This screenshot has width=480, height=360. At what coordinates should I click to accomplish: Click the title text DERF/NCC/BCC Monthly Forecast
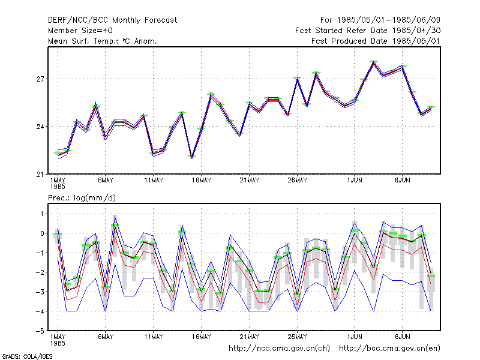[x=112, y=20]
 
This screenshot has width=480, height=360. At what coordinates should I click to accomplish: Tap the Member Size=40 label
[x=80, y=31]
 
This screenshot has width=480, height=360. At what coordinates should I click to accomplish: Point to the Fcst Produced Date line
[x=376, y=41]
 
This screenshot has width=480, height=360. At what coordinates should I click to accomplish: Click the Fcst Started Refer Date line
[x=368, y=31]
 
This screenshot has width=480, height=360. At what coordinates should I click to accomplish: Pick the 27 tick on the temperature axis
[x=40, y=79]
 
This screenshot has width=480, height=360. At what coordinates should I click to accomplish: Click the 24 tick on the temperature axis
[x=40, y=127]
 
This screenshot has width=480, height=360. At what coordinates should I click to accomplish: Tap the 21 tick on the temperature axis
[x=40, y=175]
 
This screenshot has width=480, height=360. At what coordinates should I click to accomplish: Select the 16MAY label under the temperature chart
[x=202, y=181]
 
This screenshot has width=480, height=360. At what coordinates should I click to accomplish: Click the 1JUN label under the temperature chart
[x=355, y=181]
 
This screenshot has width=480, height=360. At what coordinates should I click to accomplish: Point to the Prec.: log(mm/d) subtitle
[x=82, y=198]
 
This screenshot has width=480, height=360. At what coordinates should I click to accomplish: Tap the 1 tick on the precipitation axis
[x=42, y=214]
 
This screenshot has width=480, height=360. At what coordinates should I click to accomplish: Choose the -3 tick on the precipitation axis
[x=40, y=292]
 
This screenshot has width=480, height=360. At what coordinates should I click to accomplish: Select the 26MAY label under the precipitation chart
[x=297, y=337]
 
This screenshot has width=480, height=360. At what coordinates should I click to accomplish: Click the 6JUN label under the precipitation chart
[x=402, y=337]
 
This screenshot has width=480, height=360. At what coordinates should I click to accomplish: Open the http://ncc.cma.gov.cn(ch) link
[x=279, y=349]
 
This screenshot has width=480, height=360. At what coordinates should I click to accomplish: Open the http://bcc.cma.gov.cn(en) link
[x=389, y=349]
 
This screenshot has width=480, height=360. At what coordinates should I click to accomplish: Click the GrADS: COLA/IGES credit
[x=27, y=356]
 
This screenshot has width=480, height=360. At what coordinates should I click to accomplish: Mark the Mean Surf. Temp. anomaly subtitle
[x=103, y=41]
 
